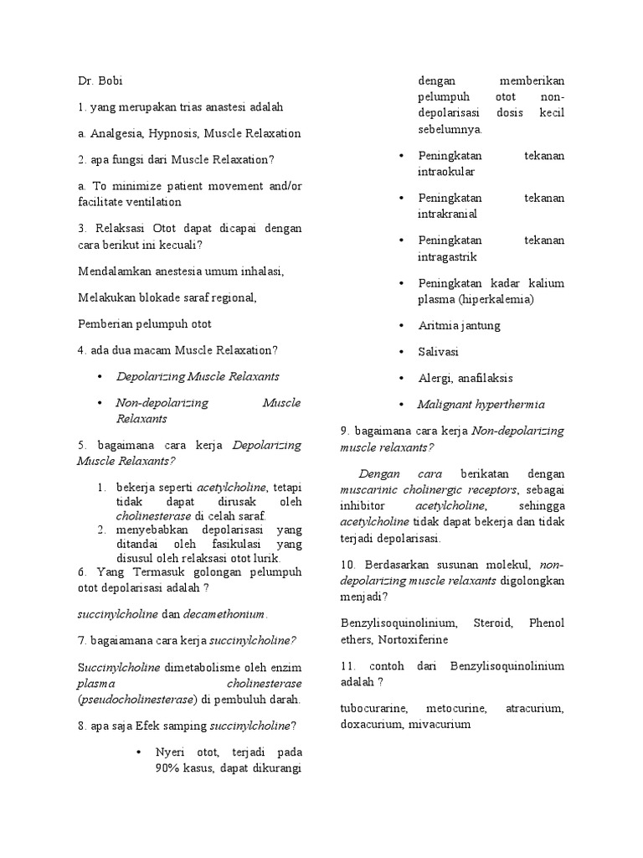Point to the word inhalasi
click(261, 271)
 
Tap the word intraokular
click(446, 171)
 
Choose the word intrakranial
click(447, 214)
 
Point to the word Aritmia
click(439, 325)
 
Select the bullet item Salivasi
click(439, 352)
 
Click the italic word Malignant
click(445, 404)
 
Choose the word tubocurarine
click(375, 709)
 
